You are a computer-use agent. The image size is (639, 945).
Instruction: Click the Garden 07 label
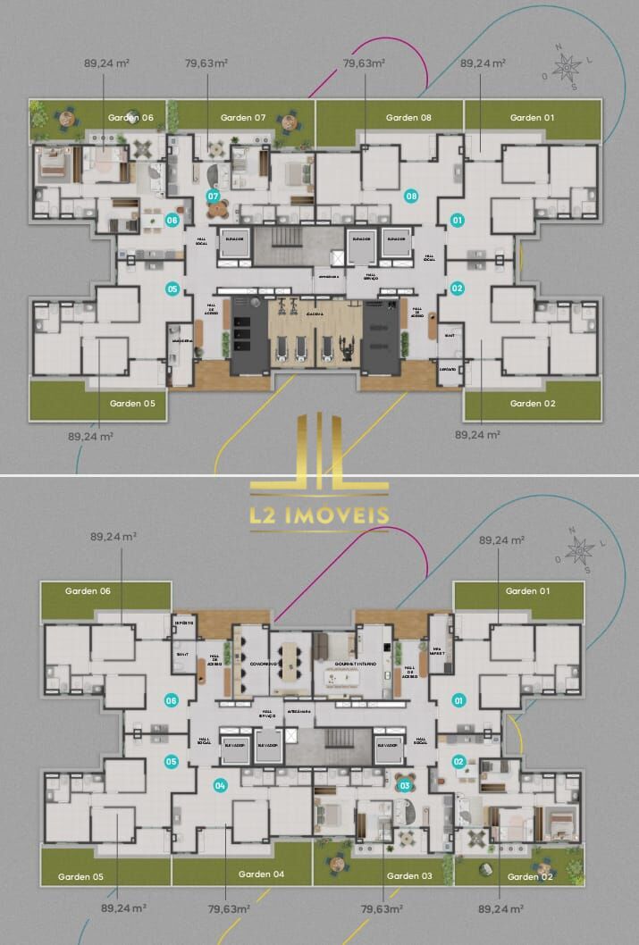[x=243, y=118]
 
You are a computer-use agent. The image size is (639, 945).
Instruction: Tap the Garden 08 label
[x=408, y=118]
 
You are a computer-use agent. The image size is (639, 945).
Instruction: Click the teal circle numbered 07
[x=213, y=196]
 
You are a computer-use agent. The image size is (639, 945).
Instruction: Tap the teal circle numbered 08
[x=411, y=196]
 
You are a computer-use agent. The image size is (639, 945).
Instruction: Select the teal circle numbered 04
[x=220, y=785]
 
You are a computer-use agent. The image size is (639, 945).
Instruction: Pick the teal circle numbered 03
[x=405, y=786]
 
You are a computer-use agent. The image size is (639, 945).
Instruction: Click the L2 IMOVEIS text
[x=319, y=515]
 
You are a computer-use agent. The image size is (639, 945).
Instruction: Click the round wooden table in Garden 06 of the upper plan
[x=66, y=117]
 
